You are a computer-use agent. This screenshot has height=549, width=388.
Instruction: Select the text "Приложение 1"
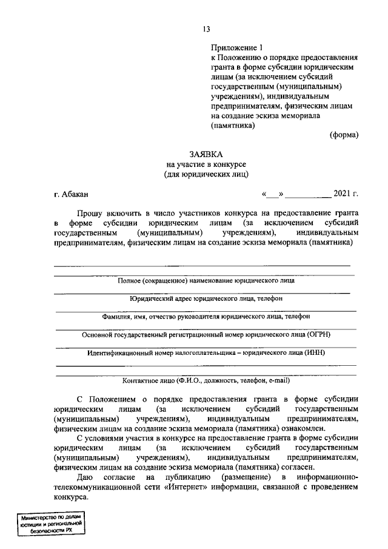coord(237,47)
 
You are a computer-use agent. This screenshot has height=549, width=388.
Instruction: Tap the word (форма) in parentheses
coord(344,135)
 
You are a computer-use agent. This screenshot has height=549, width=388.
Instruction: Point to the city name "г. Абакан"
coord(71,194)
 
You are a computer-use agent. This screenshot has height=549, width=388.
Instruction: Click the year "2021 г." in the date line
coord(346,194)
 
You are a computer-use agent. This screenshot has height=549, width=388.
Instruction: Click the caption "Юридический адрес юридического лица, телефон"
coord(206,298)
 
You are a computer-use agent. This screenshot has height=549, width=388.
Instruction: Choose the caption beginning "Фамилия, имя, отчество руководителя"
coord(206,316)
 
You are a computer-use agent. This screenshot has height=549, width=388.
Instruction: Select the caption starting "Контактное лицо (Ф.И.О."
coord(206,381)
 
